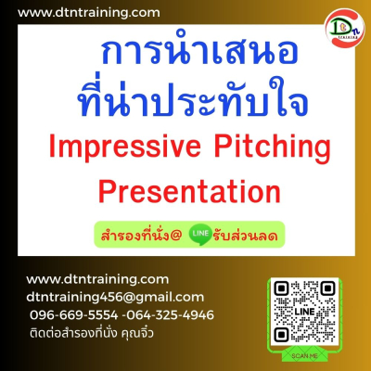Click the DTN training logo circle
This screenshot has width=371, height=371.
(345, 29)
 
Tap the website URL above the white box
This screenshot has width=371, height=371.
(89, 13)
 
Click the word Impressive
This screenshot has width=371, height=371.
(125, 147)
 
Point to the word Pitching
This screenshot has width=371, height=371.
(273, 147)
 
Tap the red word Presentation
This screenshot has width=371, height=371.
(189, 192)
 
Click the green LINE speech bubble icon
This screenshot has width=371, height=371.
(200, 234)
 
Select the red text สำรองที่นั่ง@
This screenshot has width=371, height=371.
(141, 235)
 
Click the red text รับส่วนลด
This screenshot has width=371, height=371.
(245, 236)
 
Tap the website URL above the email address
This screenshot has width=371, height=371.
(97, 279)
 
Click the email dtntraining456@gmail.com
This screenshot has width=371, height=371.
(115, 298)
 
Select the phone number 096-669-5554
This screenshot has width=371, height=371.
(74, 315)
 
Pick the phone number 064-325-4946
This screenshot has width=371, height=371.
(170, 315)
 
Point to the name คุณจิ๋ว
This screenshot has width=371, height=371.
(137, 333)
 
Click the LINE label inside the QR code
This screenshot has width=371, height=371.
(304, 312)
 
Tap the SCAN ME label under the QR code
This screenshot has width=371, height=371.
(304, 356)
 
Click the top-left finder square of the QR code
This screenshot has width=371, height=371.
(281, 288)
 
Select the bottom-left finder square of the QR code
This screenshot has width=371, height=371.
(281, 335)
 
